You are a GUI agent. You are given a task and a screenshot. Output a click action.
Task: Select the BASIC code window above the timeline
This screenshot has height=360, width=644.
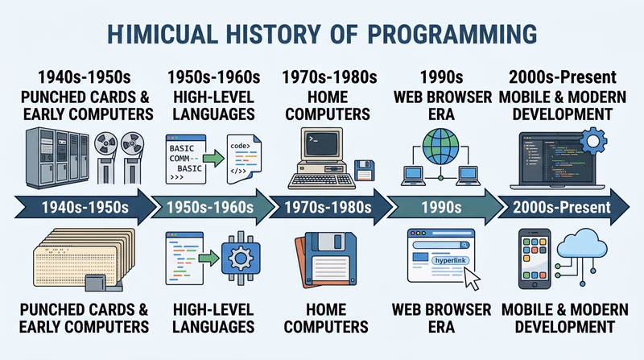click(x=191, y=158)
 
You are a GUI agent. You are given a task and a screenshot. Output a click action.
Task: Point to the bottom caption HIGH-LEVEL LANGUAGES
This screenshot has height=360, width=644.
click(x=214, y=318)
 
